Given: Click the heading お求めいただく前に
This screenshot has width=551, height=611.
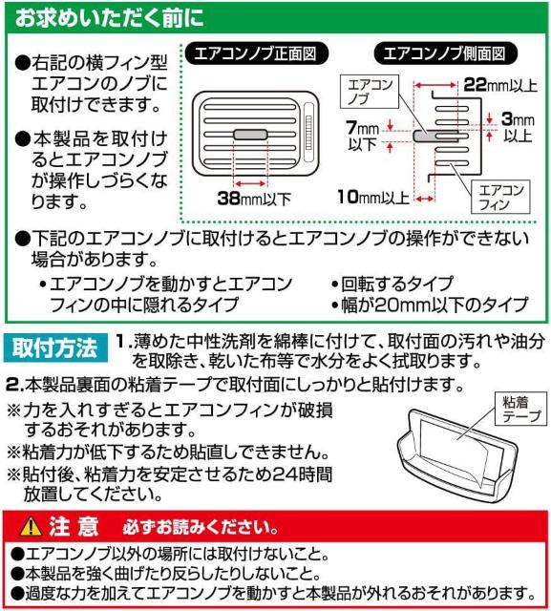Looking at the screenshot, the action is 109,18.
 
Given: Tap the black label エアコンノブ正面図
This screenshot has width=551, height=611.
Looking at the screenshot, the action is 256,53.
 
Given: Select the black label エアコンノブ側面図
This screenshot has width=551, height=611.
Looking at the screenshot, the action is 445,53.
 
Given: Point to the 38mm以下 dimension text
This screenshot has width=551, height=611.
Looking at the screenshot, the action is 254,199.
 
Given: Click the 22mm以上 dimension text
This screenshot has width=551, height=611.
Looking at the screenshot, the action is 500,85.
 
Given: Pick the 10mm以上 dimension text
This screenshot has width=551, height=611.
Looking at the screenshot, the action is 373,197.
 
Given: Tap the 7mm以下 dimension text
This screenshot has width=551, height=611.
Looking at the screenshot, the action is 362,136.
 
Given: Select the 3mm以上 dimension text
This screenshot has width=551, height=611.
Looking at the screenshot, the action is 518,127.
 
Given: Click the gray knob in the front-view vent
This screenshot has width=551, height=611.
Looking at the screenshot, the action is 250,135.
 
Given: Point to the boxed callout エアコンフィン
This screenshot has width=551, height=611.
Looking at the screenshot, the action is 500,197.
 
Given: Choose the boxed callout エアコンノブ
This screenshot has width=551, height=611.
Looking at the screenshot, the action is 370,92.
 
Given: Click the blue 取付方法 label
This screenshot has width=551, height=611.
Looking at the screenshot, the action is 55,348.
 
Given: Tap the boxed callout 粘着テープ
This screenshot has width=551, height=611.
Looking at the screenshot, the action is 521,409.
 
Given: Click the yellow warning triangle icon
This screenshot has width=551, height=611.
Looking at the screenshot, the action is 31,526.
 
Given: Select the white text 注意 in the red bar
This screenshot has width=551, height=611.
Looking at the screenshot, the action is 74,526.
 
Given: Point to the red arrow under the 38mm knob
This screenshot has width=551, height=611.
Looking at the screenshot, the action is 250,183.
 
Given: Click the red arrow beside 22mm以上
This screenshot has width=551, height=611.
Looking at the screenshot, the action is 435,85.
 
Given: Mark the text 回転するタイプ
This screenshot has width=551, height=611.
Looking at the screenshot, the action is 397,284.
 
